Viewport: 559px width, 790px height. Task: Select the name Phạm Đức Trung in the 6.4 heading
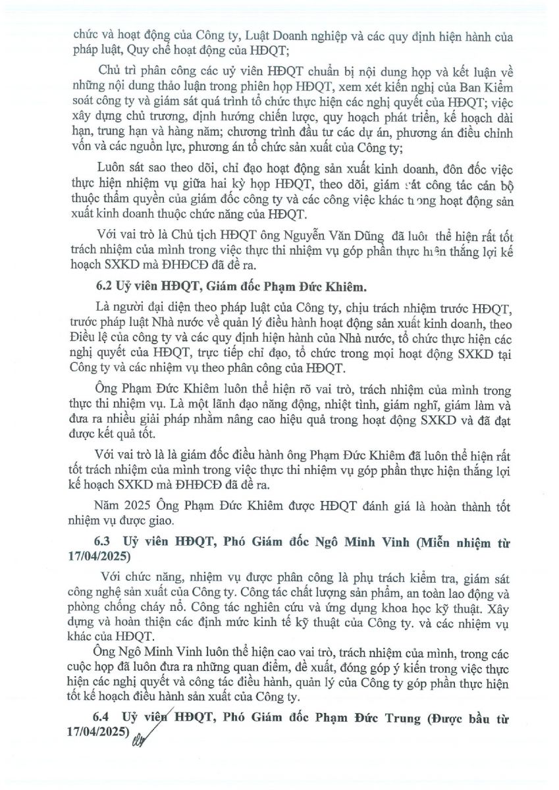click(373, 717)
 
